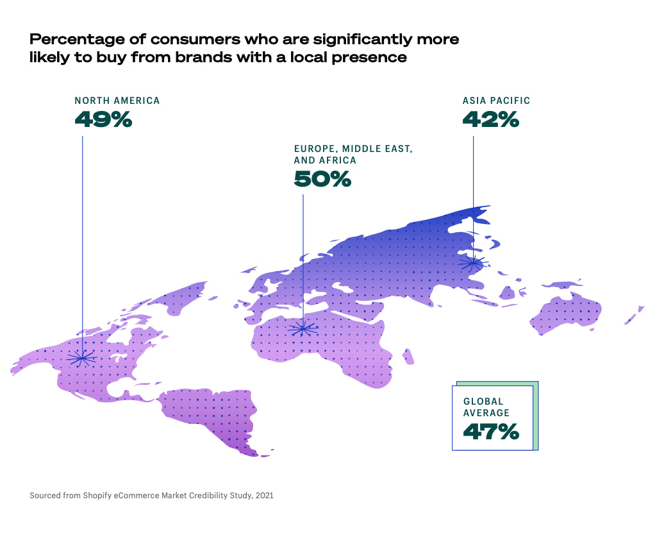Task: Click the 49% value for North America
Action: pos(103,119)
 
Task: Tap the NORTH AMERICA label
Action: pos(117,101)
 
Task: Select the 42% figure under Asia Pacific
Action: pos(490,119)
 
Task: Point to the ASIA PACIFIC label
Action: pos(496,101)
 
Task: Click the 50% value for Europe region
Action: pos(322,179)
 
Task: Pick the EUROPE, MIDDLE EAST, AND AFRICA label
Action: pos(353,155)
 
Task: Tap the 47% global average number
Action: pos(490,432)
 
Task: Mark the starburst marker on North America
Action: pos(82,359)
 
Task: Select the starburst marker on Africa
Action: pos(303,330)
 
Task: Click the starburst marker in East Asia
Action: pos(473,262)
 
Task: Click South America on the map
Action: pos(212,417)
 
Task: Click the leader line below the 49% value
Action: pos(82,224)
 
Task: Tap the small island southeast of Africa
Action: pos(408,356)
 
